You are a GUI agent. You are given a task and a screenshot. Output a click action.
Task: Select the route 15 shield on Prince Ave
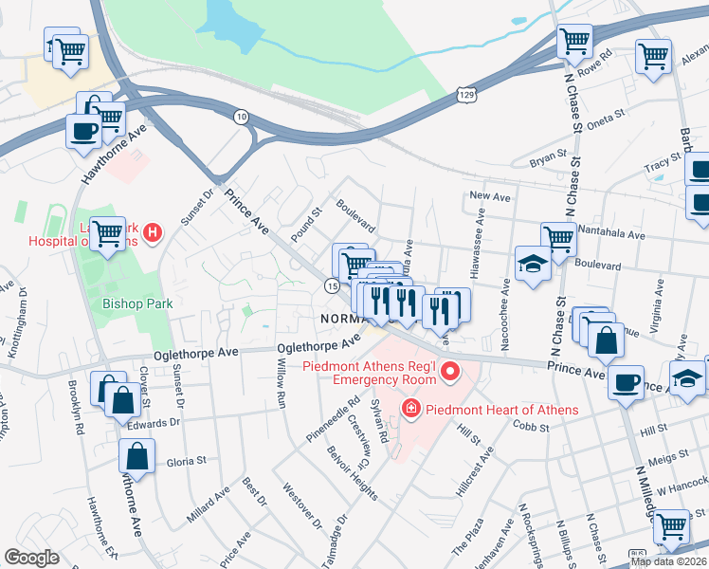click(x=331, y=285)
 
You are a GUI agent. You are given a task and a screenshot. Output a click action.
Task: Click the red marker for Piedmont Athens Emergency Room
click(x=449, y=371)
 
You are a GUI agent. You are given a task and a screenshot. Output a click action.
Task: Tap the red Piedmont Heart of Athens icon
click(x=411, y=410)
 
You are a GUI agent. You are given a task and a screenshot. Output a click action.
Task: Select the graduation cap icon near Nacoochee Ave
click(x=533, y=264)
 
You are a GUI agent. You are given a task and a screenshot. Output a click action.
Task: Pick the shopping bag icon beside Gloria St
click(x=136, y=457)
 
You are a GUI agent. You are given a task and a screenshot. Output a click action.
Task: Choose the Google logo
click(x=31, y=557)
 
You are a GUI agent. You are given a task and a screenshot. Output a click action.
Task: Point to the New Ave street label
click(x=490, y=196)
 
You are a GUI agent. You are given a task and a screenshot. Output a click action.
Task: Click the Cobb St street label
click(x=533, y=429)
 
